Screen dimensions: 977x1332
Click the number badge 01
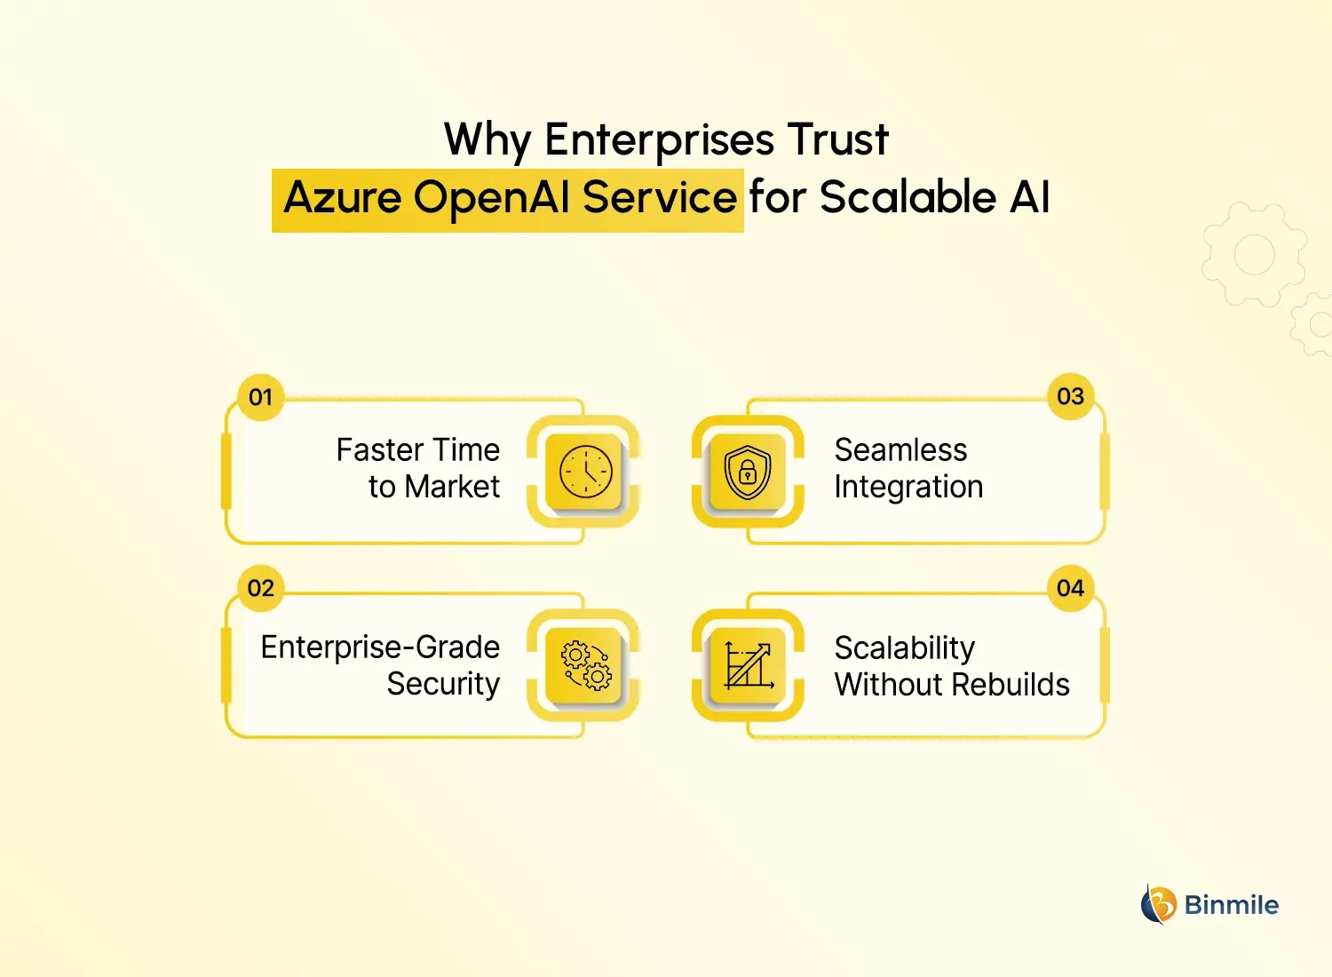pyautogui.click(x=260, y=397)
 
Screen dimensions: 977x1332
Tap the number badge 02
pyautogui.click(x=260, y=588)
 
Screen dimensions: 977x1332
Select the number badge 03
pyautogui.click(x=1070, y=396)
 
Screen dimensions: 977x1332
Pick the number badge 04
pyautogui.click(x=1070, y=588)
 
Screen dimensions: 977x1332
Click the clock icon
pyautogui.click(x=585, y=472)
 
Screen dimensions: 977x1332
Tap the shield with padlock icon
pyautogui.click(x=747, y=472)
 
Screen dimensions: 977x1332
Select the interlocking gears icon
pyautogui.click(x=585, y=665)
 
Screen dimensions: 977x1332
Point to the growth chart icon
pyautogui.click(x=748, y=665)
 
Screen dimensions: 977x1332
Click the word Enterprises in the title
pyautogui.click(x=659, y=140)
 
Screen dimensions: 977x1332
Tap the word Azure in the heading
pyautogui.click(x=342, y=197)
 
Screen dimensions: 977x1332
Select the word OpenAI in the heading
pyautogui.click(x=491, y=197)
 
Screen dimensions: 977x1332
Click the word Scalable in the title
pyautogui.click(x=908, y=197)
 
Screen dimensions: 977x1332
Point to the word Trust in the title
pyautogui.click(x=837, y=140)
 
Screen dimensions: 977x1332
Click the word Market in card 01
pyautogui.click(x=452, y=487)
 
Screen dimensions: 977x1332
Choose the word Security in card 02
pyautogui.click(x=443, y=684)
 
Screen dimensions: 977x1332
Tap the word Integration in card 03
pyautogui.click(x=908, y=488)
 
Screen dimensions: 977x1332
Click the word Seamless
pyautogui.click(x=900, y=450)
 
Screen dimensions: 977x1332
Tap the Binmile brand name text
pyautogui.click(x=1232, y=905)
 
